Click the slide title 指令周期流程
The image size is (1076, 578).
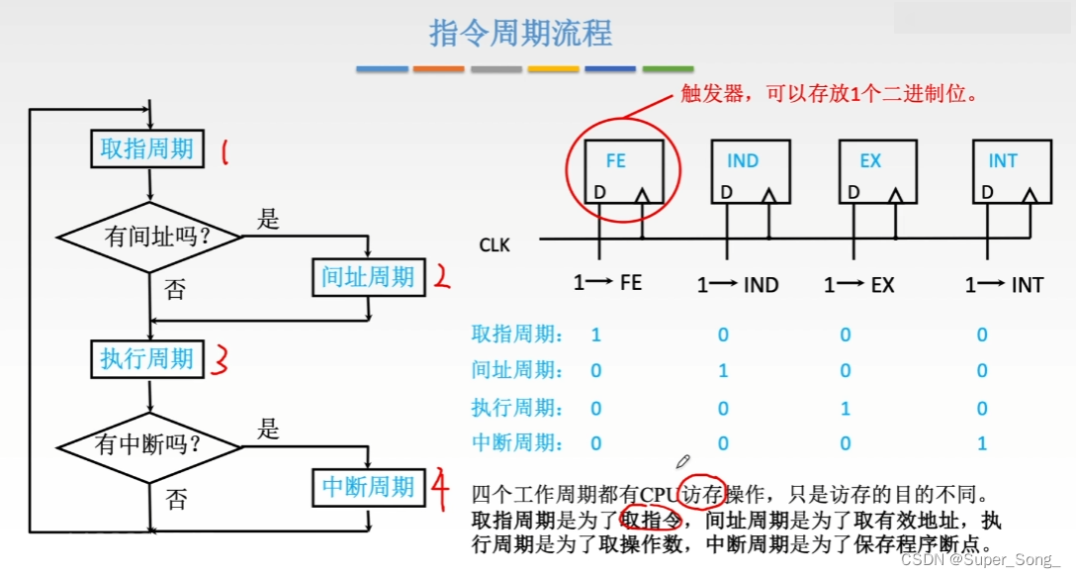click(x=521, y=33)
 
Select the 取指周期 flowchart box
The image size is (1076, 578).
click(x=147, y=149)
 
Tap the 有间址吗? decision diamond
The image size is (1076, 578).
click(x=149, y=238)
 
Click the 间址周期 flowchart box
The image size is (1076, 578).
click(x=368, y=277)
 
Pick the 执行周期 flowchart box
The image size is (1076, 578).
click(x=147, y=357)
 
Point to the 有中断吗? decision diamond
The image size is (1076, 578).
click(x=149, y=445)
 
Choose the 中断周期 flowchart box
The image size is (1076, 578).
click(x=368, y=487)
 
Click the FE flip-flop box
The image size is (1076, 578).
click(x=616, y=171)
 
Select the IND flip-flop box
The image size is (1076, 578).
click(x=751, y=171)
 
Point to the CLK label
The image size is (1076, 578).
click(x=494, y=243)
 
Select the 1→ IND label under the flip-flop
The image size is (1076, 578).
click(x=738, y=285)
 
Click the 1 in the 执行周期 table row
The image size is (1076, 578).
click(x=846, y=408)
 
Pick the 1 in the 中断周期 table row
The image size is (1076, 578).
click(x=982, y=443)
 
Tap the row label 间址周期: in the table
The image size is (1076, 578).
click(x=518, y=370)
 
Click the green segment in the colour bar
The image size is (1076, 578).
click(x=668, y=69)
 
